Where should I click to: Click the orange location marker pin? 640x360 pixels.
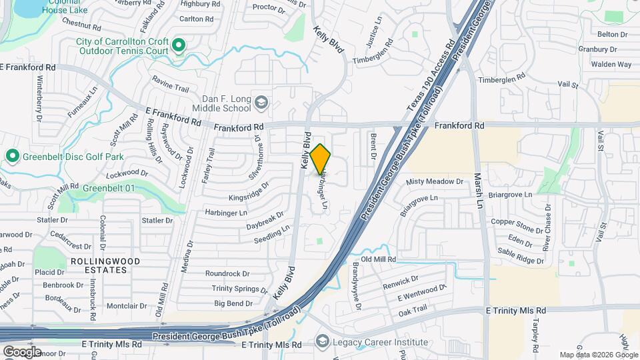[321, 159]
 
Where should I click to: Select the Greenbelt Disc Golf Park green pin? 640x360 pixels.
[12, 157]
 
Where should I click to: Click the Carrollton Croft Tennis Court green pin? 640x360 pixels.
[178, 45]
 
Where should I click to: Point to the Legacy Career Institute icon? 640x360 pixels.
[323, 342]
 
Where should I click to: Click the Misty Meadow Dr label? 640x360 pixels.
[434, 181]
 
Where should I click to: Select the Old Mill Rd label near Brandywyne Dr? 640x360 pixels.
[379, 259]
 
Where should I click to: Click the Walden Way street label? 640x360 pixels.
[611, 65]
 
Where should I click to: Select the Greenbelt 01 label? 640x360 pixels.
[109, 189]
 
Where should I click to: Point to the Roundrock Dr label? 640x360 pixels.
[227, 273]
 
